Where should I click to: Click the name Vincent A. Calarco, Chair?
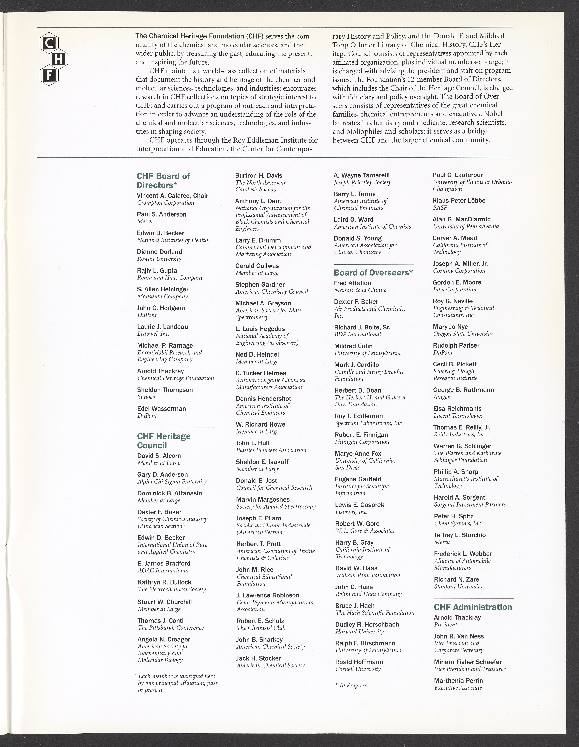coord(172,196)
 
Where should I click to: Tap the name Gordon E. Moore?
coord(457,282)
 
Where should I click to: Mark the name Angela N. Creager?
coord(164,639)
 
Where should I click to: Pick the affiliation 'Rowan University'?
coord(159,259)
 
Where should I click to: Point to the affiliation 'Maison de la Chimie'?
coord(360,290)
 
